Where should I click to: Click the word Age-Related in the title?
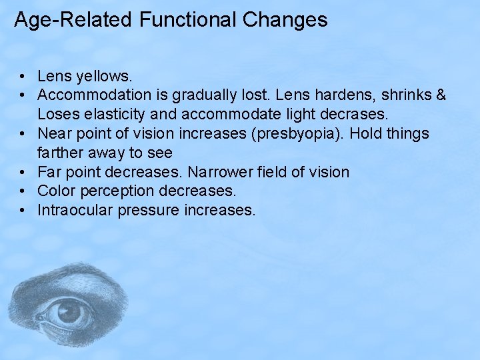73,20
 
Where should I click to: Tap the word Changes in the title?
285,20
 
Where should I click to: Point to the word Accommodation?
93,96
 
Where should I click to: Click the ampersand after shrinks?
439,96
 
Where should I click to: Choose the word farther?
63,153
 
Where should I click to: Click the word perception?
120,191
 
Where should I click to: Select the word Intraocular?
75,211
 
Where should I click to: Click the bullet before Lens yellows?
23,77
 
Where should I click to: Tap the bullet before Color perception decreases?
23,192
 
